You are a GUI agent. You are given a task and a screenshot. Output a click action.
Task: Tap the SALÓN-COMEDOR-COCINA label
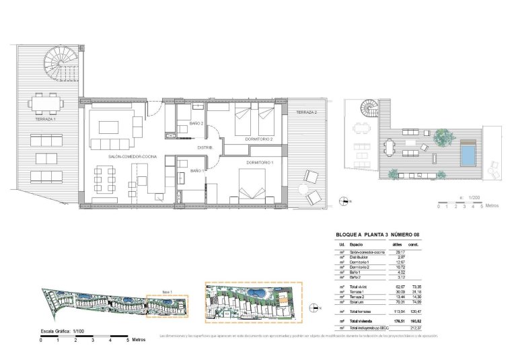pyautogui.click(x=132, y=156)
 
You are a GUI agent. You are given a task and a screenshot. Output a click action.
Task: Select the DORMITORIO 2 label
pyautogui.click(x=259, y=139)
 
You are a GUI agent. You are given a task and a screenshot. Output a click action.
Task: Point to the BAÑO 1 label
pyautogui.click(x=197, y=172)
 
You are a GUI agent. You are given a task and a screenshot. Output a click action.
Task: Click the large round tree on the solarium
pyautogui.click(x=441, y=137)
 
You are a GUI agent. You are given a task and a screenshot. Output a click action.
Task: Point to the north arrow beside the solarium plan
pyautogui.click(x=345, y=201)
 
